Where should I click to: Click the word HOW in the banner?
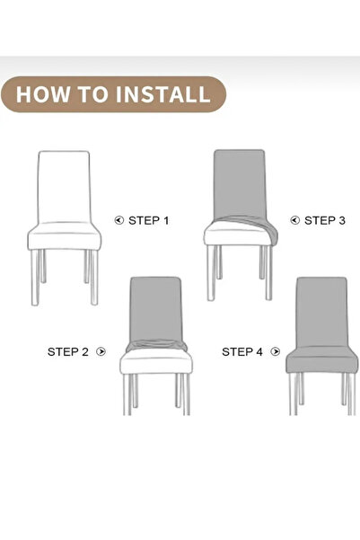42,94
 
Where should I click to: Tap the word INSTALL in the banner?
162,94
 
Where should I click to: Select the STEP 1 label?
149,220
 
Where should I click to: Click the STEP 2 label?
68,352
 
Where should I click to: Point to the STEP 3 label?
325,220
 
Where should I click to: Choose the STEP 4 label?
242,352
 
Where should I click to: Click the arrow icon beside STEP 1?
119,220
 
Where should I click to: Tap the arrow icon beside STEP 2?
101,351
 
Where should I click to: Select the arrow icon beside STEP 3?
295,220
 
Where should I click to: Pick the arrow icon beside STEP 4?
276,351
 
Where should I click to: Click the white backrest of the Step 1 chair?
64,186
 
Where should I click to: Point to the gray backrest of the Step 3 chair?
239,182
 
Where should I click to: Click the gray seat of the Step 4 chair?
321,360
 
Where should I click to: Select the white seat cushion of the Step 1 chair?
64,236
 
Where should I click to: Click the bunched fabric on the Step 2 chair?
156,345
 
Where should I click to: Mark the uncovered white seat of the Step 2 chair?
156,361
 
